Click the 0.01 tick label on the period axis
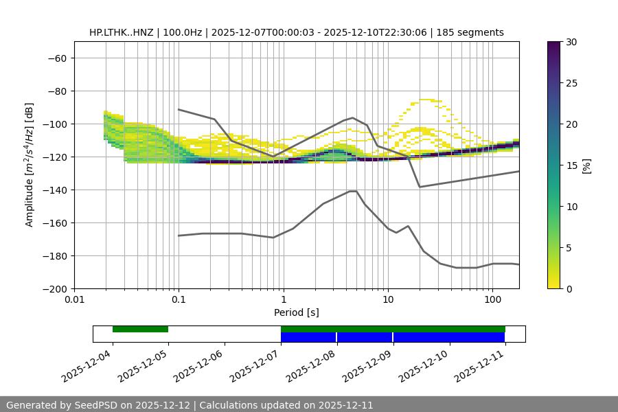click(74, 300)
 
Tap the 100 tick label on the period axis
click(492, 300)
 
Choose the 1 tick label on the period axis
click(284, 300)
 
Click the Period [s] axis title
click(297, 312)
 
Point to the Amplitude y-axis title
click(30, 165)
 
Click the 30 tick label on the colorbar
click(571, 42)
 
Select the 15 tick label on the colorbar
click(571, 165)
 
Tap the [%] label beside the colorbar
click(586, 165)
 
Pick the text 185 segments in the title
click(474, 32)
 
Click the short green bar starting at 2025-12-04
click(140, 329)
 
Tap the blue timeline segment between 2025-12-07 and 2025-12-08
click(308, 337)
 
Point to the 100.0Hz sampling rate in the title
click(184, 32)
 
